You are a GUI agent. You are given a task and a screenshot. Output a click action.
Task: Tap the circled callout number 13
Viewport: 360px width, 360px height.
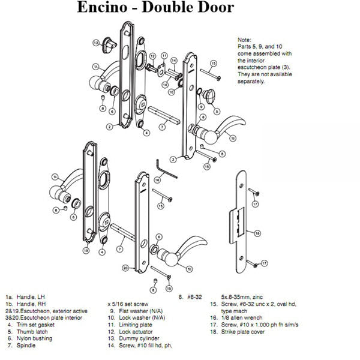coord(96,43)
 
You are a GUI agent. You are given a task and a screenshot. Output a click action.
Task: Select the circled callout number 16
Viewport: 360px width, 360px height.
coord(157,179)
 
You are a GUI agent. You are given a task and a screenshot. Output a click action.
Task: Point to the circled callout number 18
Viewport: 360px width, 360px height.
coord(257,233)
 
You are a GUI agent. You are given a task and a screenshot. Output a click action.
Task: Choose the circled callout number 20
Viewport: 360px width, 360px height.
coord(125,268)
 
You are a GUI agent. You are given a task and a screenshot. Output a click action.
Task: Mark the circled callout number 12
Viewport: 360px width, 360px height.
coord(152,56)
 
